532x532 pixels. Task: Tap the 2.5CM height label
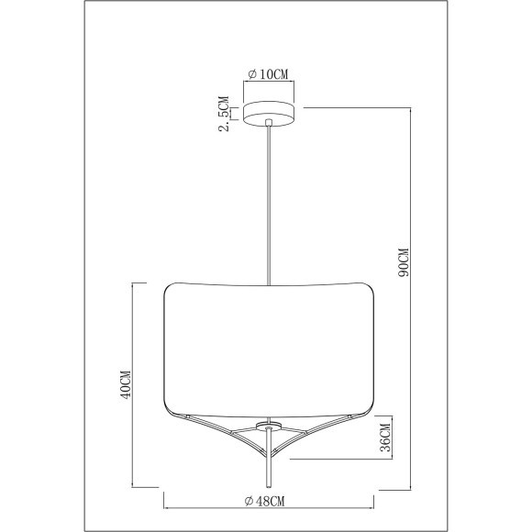point(223,116)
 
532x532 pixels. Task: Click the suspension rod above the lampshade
point(268,202)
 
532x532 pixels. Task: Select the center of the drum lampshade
point(268,349)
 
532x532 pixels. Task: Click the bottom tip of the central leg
point(268,486)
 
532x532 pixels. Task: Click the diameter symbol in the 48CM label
point(249,500)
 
